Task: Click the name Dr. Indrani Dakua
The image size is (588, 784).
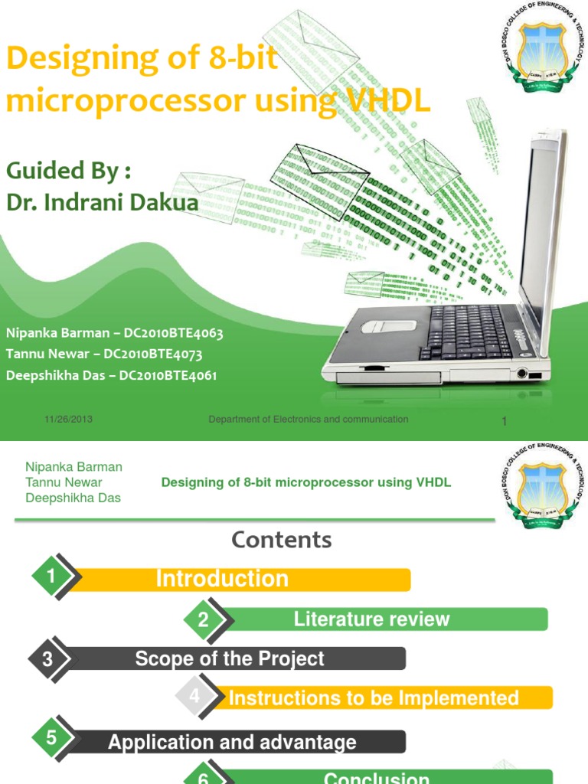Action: (x=102, y=202)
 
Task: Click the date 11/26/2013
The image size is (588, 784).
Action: (x=69, y=420)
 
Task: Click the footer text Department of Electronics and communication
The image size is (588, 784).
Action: (x=309, y=420)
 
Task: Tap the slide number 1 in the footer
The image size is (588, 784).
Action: (x=505, y=422)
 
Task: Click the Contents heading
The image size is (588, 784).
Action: (x=282, y=540)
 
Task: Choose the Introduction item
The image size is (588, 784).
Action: (x=222, y=579)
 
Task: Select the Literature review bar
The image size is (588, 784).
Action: (x=372, y=619)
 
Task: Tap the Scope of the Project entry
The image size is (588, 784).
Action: (x=230, y=658)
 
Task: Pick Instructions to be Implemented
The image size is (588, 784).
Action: (x=374, y=698)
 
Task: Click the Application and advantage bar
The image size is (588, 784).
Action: (x=232, y=742)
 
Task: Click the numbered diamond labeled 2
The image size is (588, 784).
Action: (x=204, y=620)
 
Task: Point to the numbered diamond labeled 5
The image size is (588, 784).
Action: (x=52, y=739)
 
